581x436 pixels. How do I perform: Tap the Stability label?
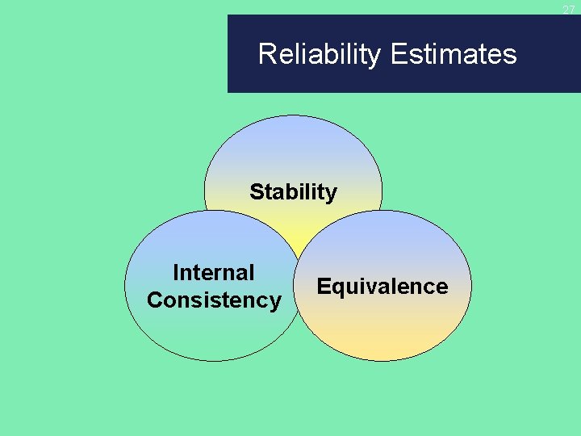pyautogui.click(x=293, y=192)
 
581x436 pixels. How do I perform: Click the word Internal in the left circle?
pyautogui.click(x=213, y=273)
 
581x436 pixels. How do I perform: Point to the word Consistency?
pyautogui.click(x=214, y=300)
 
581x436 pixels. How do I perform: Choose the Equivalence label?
pyautogui.click(x=382, y=287)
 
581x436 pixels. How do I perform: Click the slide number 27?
pyautogui.click(x=568, y=10)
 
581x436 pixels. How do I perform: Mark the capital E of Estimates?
pyautogui.click(x=397, y=55)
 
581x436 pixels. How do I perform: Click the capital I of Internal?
pyautogui.click(x=177, y=273)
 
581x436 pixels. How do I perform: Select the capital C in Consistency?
pyautogui.click(x=154, y=300)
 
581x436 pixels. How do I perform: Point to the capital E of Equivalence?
pyautogui.click(x=324, y=287)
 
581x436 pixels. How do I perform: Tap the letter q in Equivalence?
pyautogui.click(x=336, y=288)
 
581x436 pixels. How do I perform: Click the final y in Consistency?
pyautogui.click(x=275, y=302)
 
